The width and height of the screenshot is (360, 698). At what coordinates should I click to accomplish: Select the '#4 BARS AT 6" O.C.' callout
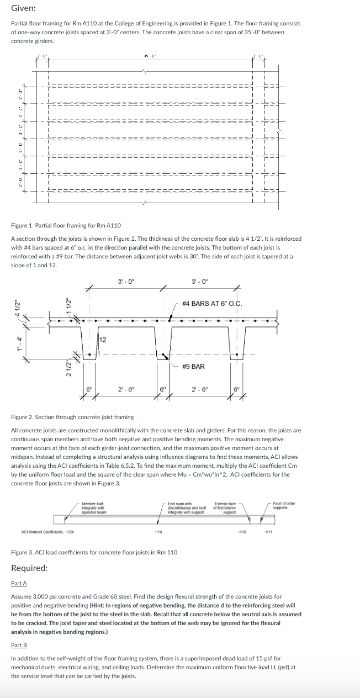tap(212, 303)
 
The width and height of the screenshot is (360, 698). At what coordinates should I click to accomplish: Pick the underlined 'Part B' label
tap(19, 645)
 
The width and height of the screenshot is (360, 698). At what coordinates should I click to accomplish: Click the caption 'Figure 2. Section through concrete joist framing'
tap(72, 417)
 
